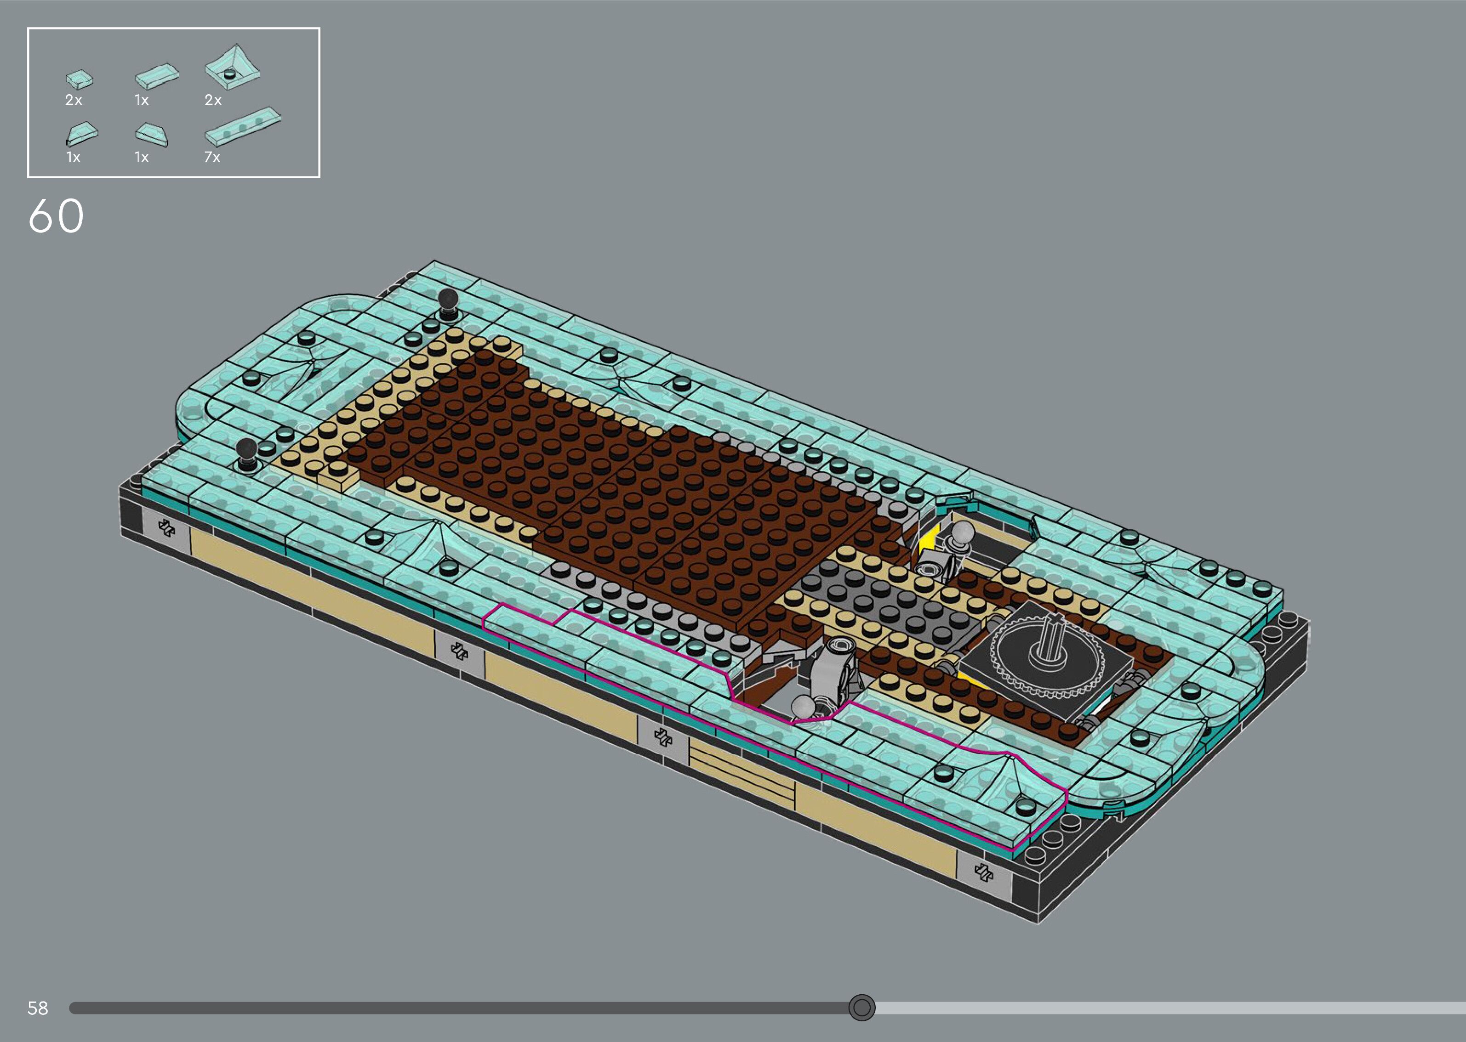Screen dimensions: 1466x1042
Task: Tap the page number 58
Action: click(38, 1008)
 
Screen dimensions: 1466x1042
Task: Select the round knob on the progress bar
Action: click(861, 1008)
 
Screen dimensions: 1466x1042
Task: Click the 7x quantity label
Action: click(212, 157)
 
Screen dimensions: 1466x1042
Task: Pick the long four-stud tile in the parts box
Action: click(243, 126)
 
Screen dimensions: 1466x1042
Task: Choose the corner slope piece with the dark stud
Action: click(232, 65)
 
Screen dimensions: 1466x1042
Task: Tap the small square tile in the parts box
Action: click(80, 79)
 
